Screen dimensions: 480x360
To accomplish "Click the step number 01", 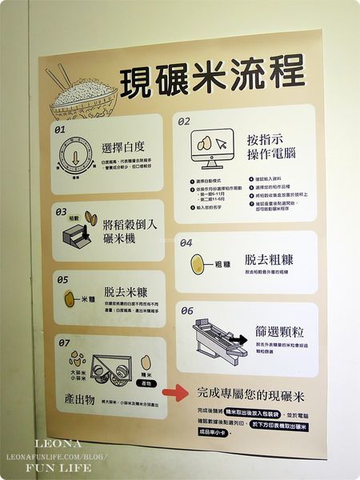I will pos(60,128).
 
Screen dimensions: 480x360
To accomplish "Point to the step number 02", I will pos(184,122).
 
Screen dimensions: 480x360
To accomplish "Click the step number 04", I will pos(186,242).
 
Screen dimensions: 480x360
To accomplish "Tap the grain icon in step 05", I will pos(70,298).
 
